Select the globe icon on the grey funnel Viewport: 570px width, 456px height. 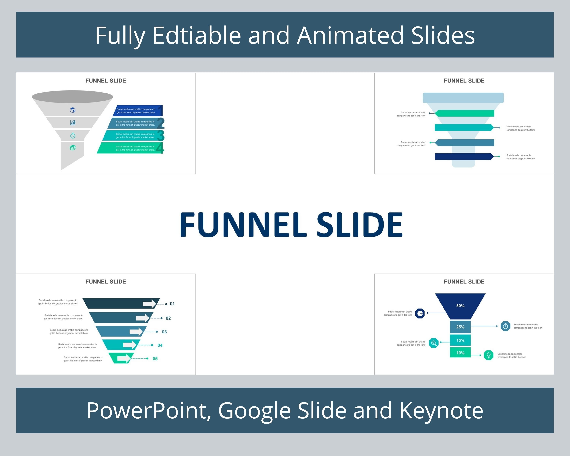click(73, 110)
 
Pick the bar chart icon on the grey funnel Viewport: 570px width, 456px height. click(73, 122)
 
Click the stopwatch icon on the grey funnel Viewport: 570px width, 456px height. click(73, 136)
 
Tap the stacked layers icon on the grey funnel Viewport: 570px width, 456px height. click(73, 148)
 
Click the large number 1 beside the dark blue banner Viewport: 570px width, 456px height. click(160, 111)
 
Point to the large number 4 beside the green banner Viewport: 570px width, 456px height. click(160, 148)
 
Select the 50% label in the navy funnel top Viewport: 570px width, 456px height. click(460, 306)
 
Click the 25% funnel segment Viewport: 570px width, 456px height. click(460, 327)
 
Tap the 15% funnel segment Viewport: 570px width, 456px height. click(460, 340)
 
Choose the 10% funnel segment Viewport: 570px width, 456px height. click(460, 353)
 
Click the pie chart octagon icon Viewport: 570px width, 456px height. click(420, 313)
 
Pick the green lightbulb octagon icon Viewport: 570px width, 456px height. click(488, 355)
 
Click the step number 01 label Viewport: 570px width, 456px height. click(172, 304)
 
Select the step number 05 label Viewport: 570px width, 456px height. click(155, 359)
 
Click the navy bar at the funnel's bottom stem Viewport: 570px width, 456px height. click(464, 157)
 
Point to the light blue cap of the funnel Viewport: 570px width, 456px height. click(463, 98)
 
